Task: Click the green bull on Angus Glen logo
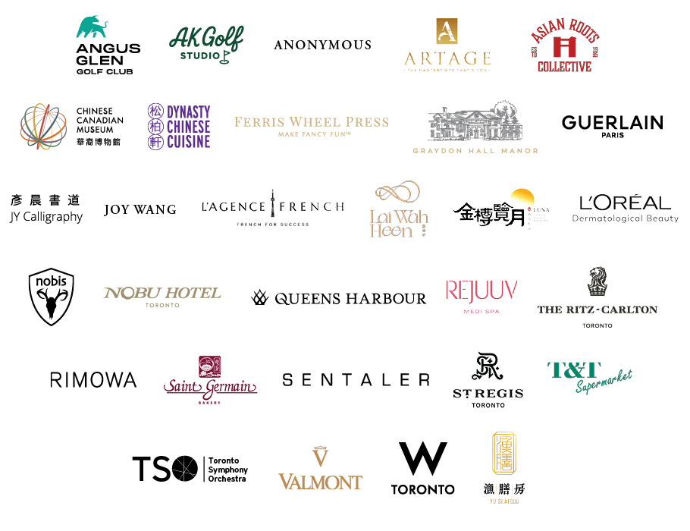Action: click(x=96, y=28)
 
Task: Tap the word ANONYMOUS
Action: click(x=322, y=45)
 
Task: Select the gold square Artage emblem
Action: click(x=447, y=33)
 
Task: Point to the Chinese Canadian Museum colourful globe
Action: click(x=45, y=126)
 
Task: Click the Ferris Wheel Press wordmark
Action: click(x=311, y=121)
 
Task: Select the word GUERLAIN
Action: click(x=612, y=122)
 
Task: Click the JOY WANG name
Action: click(x=140, y=209)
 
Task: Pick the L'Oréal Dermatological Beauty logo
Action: click(x=626, y=208)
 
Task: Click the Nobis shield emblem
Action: click(x=52, y=296)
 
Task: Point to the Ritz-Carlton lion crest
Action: click(x=597, y=281)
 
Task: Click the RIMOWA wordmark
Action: click(x=93, y=380)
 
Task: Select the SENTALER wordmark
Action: click(x=356, y=379)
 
